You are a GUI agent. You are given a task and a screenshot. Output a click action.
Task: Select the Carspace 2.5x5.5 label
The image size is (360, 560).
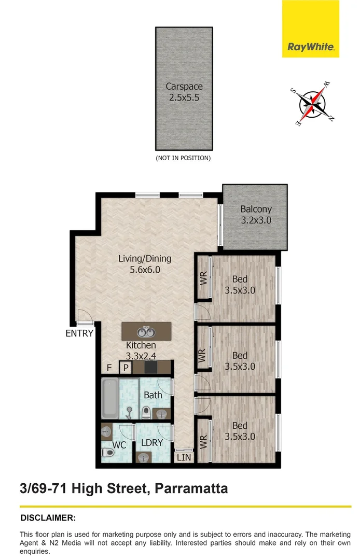(184, 92)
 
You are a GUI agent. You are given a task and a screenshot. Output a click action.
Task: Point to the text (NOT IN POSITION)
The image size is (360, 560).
(184, 158)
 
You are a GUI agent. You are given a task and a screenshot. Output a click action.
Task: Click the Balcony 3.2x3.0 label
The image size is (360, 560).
(256, 215)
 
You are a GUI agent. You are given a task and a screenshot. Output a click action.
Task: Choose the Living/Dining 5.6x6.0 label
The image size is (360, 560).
(145, 263)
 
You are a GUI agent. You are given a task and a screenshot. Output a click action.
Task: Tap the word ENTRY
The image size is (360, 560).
(79, 333)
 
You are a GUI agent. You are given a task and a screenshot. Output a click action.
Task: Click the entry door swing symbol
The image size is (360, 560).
(82, 317)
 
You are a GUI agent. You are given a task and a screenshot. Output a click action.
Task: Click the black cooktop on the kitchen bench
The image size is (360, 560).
(151, 368)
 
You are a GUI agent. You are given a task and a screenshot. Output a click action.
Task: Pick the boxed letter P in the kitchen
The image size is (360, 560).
(125, 368)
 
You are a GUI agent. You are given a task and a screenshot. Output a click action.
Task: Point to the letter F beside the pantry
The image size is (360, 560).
(109, 368)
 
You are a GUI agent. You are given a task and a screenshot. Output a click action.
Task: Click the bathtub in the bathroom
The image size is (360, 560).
(109, 398)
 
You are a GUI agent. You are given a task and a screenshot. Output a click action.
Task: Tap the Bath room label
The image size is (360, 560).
(153, 395)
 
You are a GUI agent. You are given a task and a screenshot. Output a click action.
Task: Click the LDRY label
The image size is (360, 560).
(152, 442)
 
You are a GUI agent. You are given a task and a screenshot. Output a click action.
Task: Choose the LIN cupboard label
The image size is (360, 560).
(184, 457)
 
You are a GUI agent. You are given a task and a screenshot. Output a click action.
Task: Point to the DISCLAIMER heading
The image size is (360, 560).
(48, 517)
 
